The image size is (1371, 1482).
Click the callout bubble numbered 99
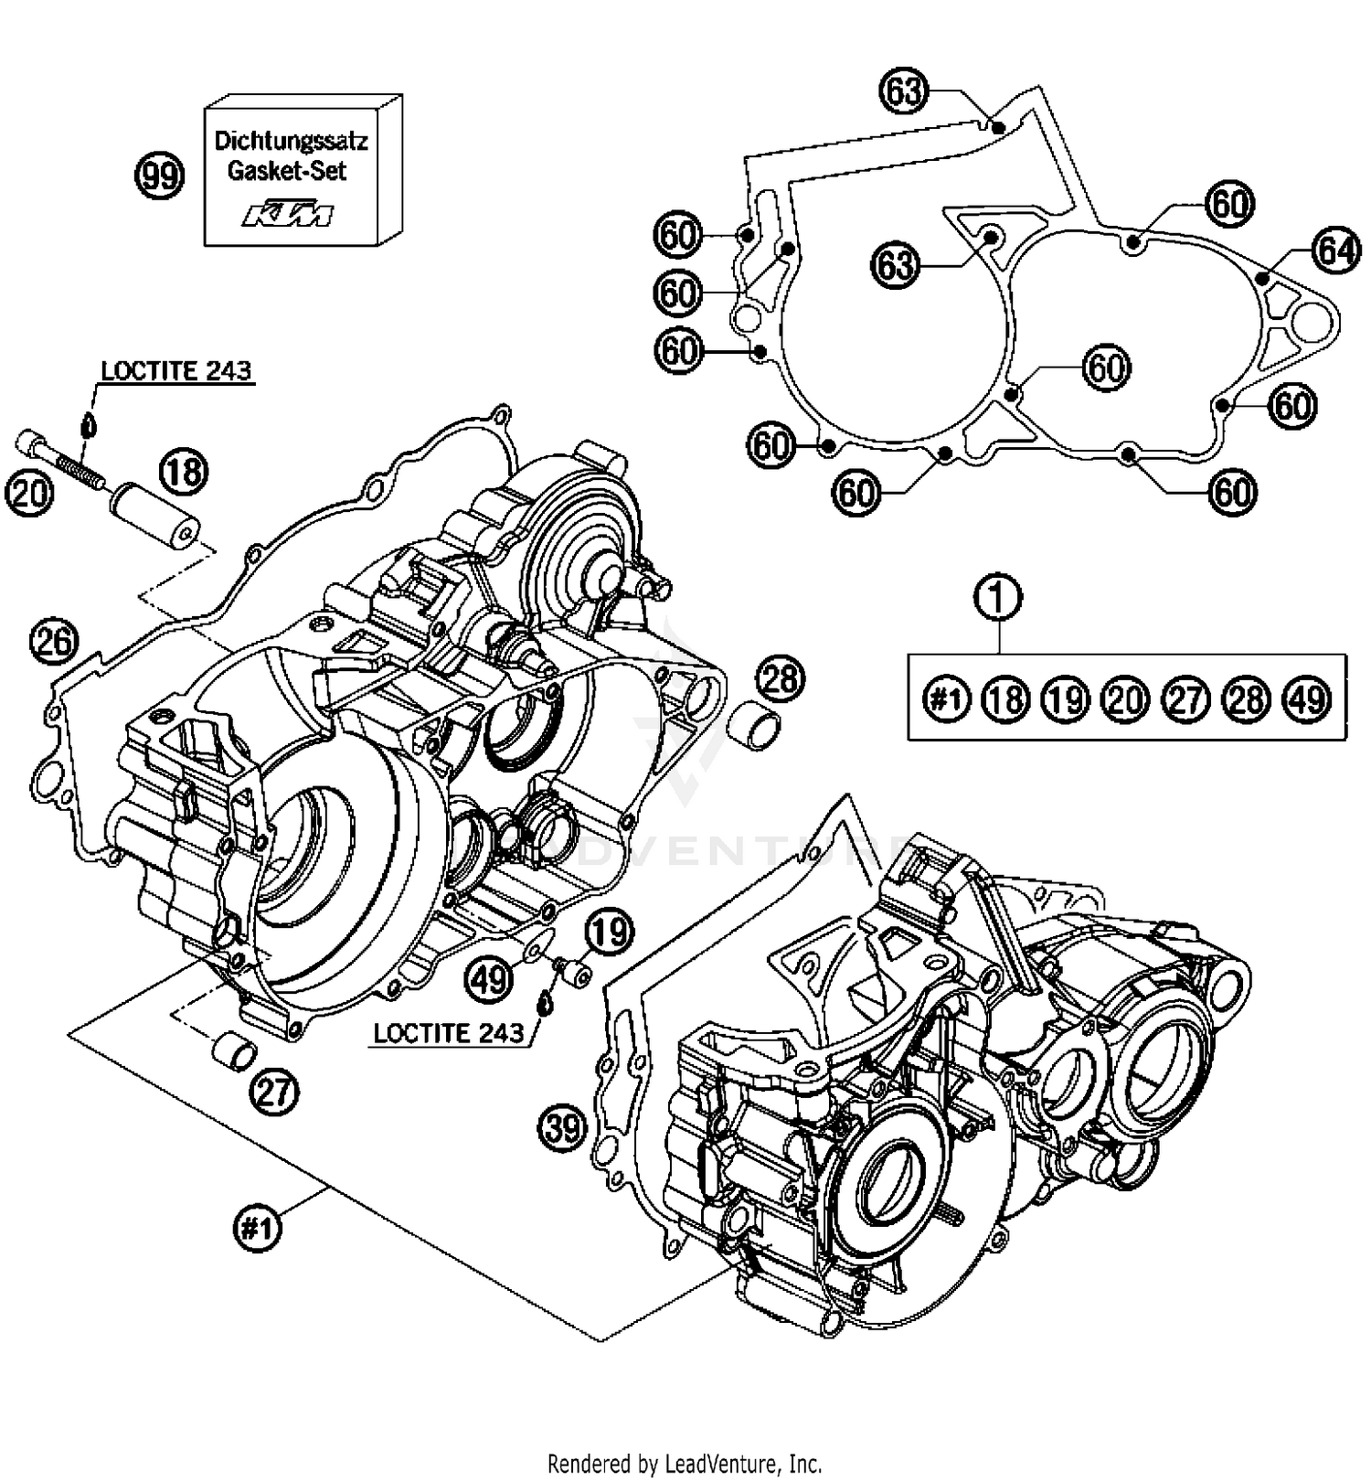160,175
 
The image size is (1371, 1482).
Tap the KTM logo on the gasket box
288,216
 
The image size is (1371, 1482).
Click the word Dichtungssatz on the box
291,141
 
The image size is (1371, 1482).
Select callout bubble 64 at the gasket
1336,250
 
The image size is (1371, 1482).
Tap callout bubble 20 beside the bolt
29,493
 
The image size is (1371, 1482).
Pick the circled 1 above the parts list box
998,597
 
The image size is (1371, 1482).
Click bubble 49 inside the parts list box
1307,699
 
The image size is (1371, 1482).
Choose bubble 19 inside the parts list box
1066,699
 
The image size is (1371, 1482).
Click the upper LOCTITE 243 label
175,370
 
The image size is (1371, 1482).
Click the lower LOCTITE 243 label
449,1033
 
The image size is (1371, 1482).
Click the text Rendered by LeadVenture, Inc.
685,1463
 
